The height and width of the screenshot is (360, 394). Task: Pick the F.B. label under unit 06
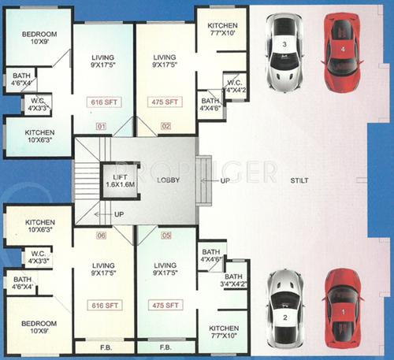(x=104, y=347)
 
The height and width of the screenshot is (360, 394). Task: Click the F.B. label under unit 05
(x=165, y=347)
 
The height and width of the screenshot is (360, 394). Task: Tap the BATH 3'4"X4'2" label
(x=233, y=281)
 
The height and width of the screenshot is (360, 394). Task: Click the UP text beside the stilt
(x=226, y=180)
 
